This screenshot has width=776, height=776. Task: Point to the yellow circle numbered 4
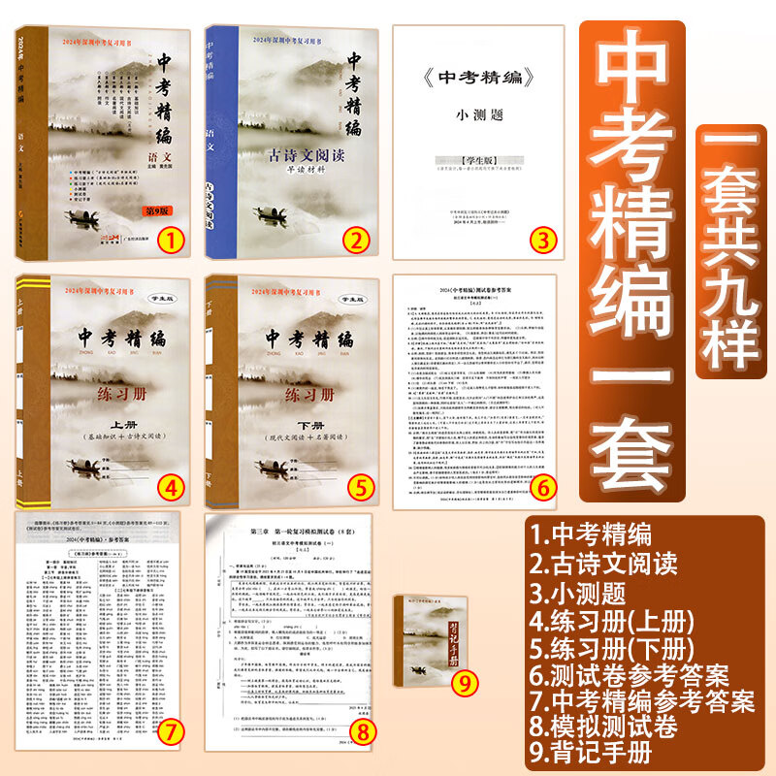170,484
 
